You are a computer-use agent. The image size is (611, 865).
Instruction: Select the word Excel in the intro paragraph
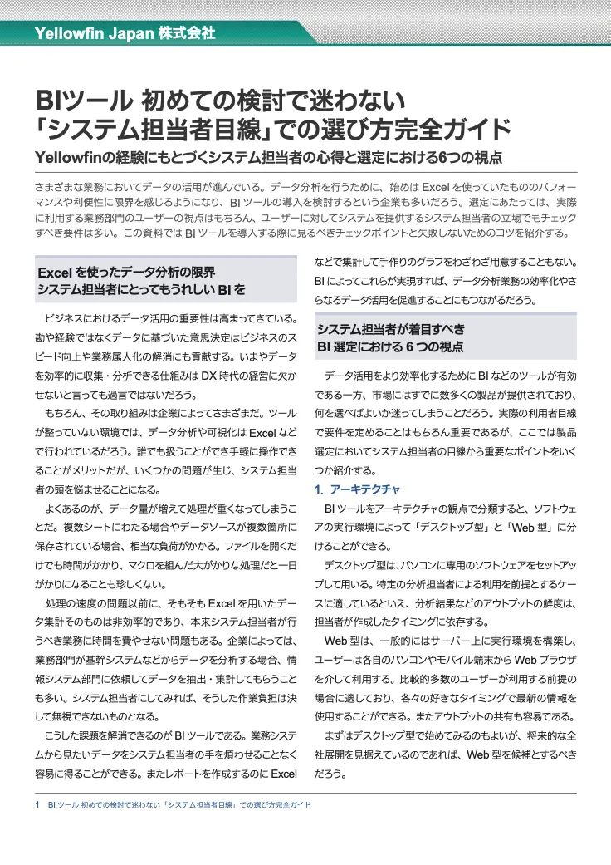[436, 187]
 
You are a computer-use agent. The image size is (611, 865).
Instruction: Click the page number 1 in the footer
[38, 805]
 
